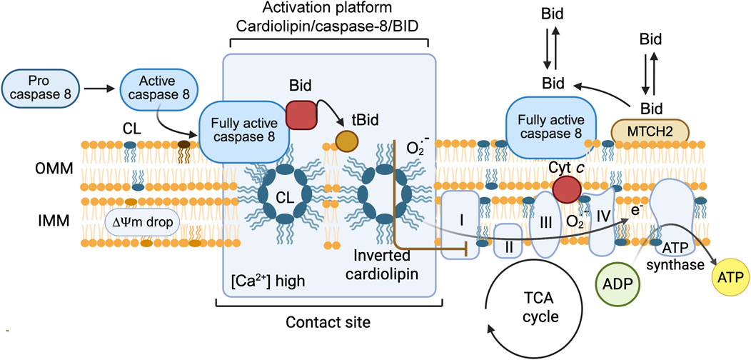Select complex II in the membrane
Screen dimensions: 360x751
(508, 240)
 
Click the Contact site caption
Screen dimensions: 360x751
(327, 322)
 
